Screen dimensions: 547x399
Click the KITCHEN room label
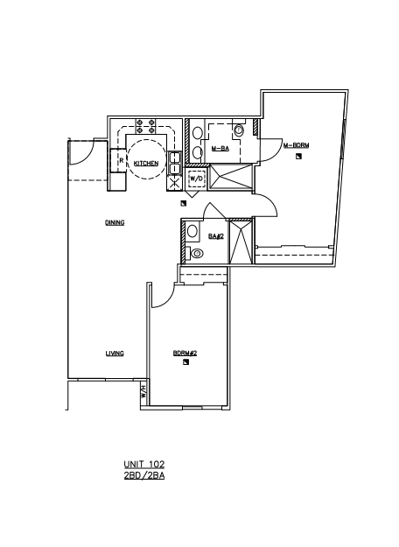tap(146, 164)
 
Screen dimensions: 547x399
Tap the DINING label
tap(115, 223)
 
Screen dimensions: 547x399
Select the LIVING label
tap(115, 354)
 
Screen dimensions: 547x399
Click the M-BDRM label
tap(296, 144)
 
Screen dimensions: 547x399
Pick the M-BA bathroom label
tap(220, 150)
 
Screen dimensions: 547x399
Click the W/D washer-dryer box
tap(198, 179)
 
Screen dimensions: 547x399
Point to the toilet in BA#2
tap(197, 254)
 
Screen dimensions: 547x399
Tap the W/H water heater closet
tap(143, 396)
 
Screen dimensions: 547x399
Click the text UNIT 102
tap(144, 465)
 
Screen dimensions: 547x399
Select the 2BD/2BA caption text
tap(144, 476)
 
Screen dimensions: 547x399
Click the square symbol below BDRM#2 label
tap(185, 363)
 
